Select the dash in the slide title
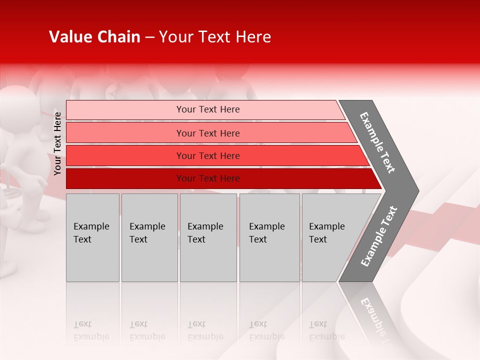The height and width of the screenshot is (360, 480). coord(149,37)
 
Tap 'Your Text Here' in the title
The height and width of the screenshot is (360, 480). coord(215,37)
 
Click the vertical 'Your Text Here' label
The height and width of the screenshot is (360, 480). coord(57,143)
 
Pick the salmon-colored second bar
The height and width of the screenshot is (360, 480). coord(208,133)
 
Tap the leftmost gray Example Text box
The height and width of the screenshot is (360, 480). coord(92,237)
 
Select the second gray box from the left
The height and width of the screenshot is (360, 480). coord(149,237)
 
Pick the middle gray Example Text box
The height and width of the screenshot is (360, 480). coord(208,237)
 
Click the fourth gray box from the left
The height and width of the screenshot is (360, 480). coord(269,237)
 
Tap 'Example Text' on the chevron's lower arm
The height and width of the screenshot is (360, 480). coord(378,236)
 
